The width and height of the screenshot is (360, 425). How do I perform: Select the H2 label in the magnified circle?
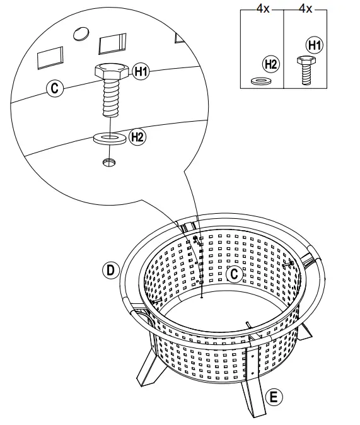(137, 136)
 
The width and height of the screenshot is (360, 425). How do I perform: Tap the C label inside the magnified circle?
(55, 88)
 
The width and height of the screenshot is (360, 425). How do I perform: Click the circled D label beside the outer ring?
(110, 271)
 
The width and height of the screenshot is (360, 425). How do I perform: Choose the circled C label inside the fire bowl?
(233, 274)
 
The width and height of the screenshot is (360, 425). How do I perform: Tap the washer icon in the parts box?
(259, 81)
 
